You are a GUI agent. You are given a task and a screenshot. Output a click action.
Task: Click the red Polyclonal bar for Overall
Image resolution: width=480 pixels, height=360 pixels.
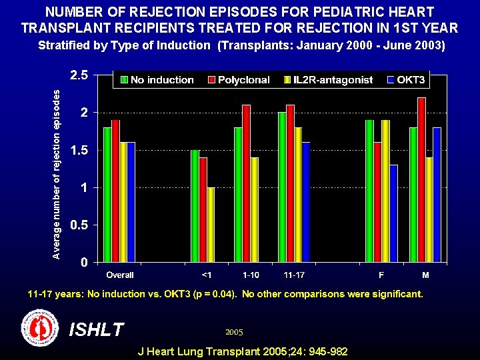point(116,191)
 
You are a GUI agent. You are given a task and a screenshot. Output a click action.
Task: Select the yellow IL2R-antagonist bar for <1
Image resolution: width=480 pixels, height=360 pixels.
point(211,225)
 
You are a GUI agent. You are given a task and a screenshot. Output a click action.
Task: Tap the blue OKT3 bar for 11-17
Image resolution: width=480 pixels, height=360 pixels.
point(306,202)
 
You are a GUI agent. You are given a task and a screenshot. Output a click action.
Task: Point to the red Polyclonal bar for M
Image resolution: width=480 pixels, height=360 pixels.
point(421,180)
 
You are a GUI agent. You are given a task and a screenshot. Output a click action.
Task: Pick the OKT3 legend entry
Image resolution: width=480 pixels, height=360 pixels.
point(406,80)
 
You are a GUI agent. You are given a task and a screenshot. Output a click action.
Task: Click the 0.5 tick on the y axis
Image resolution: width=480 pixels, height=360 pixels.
point(79,225)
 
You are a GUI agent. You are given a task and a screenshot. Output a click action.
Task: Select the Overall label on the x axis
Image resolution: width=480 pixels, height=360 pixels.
point(120,275)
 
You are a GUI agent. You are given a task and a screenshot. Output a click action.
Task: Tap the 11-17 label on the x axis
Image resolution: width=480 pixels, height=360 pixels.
point(294,275)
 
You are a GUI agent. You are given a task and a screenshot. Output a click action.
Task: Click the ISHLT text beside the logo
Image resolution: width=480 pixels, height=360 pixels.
point(96,329)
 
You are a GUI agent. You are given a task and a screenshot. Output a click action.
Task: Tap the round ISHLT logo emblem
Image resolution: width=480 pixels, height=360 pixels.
point(41,327)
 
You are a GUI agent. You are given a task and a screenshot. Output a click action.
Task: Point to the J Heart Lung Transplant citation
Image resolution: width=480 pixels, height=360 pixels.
point(241,351)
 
